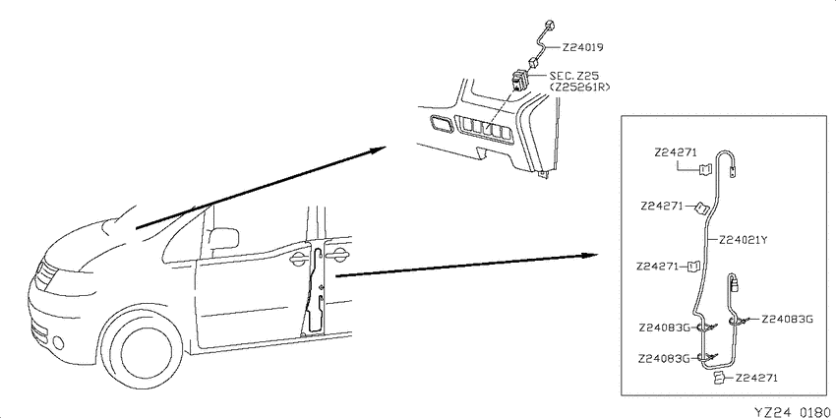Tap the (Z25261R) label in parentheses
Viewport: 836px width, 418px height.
point(578,87)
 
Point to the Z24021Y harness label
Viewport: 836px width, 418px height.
point(743,240)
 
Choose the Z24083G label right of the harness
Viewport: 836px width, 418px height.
point(787,320)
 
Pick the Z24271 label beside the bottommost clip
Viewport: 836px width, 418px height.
point(755,378)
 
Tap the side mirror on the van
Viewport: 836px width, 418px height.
point(223,238)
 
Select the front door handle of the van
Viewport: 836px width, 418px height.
point(297,259)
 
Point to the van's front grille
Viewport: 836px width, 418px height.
point(46,274)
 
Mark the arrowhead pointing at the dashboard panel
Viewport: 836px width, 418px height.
point(378,149)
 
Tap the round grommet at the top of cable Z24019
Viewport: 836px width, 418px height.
point(550,24)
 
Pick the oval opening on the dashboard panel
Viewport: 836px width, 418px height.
point(440,125)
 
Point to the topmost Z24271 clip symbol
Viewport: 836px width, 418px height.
point(706,169)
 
